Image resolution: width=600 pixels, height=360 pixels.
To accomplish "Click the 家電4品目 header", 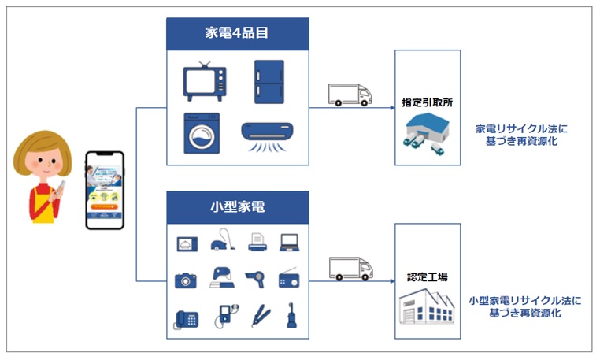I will (237, 34).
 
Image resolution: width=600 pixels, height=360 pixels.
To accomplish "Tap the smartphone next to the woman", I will (106, 189).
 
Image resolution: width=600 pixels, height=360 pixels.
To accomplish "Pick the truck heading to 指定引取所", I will (350, 95).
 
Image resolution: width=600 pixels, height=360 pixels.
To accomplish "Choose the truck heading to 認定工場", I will (350, 269).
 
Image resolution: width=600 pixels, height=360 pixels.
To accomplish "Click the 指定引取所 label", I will (428, 102).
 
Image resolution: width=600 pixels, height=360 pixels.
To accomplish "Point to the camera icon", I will (186, 280).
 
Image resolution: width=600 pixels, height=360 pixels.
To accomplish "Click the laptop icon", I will (289, 243).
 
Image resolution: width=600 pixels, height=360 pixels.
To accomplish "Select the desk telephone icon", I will (186, 318).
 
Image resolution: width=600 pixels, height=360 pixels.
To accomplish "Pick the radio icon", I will (290, 280).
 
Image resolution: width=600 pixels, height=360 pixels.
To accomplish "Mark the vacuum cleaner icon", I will (221, 243).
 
